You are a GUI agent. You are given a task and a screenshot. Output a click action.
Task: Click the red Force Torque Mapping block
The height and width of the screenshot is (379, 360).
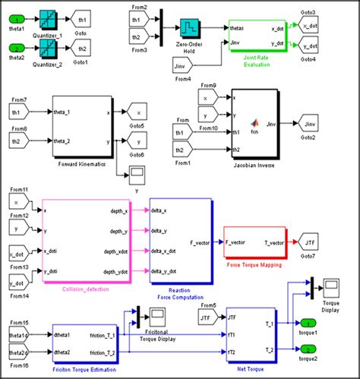tap(254, 244)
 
